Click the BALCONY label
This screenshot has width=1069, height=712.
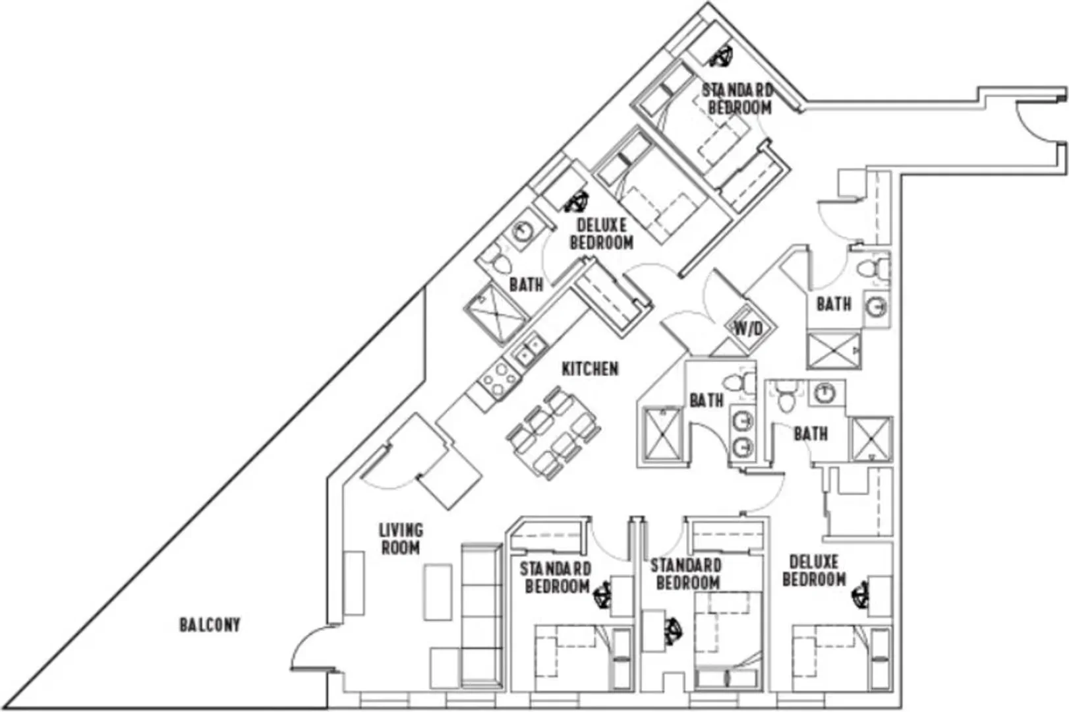pos(210,624)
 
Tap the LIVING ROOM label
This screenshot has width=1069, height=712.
pos(401,539)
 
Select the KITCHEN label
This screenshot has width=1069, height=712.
pos(590,369)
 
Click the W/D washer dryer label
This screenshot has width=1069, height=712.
pos(748,328)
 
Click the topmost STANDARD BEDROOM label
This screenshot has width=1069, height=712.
pos(738,99)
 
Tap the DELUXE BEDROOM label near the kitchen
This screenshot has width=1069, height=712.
pos(601,233)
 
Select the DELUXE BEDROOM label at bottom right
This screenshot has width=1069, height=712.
pos(814,570)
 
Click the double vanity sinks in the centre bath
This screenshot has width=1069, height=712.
pos(742,434)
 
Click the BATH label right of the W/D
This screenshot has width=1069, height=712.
pos(834,304)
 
